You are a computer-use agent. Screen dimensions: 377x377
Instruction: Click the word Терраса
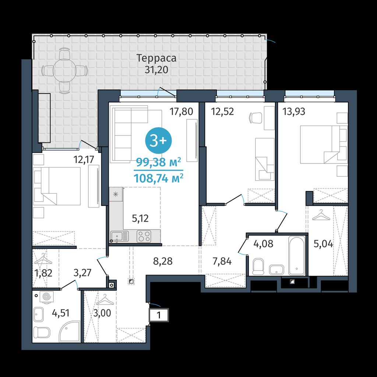[x=156, y=58]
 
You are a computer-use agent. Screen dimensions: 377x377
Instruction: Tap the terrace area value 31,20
[x=156, y=70]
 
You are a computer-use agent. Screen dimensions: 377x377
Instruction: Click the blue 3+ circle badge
[x=158, y=141]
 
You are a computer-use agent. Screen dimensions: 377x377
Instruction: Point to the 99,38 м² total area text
[x=158, y=162]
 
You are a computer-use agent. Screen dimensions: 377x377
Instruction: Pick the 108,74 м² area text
[x=158, y=179]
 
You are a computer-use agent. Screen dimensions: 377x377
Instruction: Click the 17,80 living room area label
[x=181, y=112]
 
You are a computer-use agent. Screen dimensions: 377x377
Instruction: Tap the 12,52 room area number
[x=222, y=112]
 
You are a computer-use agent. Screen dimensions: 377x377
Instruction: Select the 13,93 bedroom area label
[x=293, y=112]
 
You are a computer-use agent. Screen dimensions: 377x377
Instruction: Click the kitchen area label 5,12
[x=140, y=218]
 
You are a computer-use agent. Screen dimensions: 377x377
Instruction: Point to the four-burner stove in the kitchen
[x=144, y=236]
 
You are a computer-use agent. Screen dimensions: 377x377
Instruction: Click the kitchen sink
[x=120, y=236]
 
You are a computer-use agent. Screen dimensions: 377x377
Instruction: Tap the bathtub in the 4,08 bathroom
[x=297, y=256]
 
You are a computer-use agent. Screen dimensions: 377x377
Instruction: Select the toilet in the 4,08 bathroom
[x=258, y=267]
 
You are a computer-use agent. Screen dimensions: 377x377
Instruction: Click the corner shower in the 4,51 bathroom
[x=70, y=331]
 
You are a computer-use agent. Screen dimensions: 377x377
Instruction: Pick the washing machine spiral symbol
[x=46, y=296]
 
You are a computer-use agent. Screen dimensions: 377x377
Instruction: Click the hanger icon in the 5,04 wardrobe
[x=321, y=215]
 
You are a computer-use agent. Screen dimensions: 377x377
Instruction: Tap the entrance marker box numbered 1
[x=159, y=315]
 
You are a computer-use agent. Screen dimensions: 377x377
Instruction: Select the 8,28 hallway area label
[x=163, y=261]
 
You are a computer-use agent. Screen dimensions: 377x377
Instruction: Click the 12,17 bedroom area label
[x=84, y=159]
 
